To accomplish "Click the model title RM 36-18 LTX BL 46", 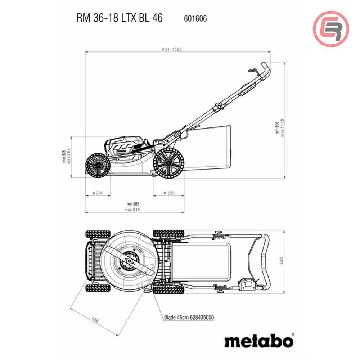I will (x=120, y=18).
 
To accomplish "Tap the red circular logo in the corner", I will (x=331, y=29).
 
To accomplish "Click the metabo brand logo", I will (x=258, y=340).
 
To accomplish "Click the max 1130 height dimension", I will (x=283, y=127).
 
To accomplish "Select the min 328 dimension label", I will (x=64, y=157).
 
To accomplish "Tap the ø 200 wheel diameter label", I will (x=98, y=193).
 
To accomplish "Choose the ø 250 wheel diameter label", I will (x=168, y=193).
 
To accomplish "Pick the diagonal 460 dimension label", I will (x=95, y=319).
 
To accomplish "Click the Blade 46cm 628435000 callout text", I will (x=189, y=317).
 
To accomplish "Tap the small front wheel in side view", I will (x=98, y=165).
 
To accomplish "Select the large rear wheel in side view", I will (x=168, y=162).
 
